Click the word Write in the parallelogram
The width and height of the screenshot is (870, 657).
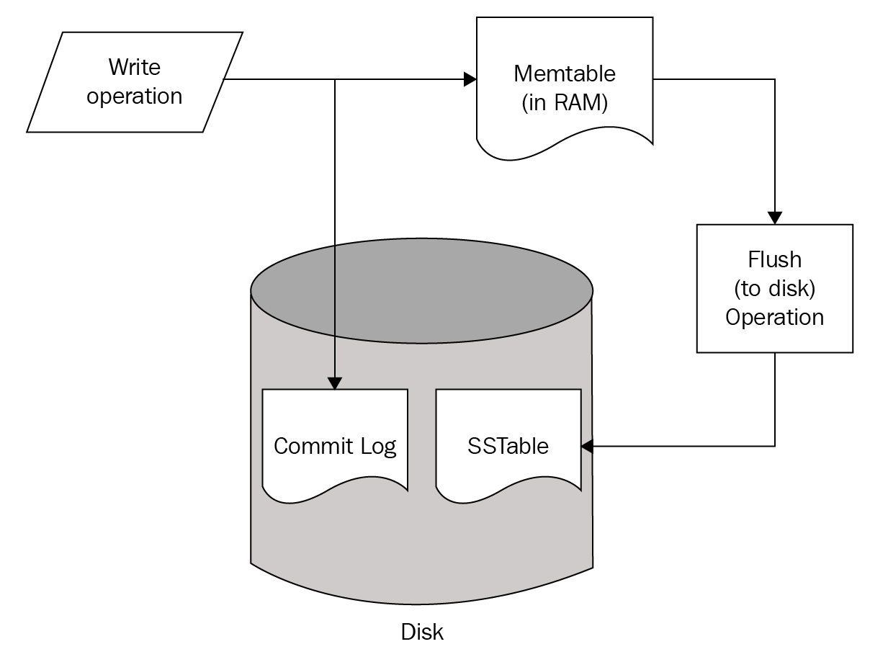pyautogui.click(x=135, y=67)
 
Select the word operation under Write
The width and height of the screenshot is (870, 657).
pyautogui.click(x=135, y=96)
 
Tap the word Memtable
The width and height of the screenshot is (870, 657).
pyautogui.click(x=565, y=73)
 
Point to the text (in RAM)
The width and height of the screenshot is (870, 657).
pyautogui.click(x=565, y=103)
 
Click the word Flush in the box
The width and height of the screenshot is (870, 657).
pyautogui.click(x=774, y=259)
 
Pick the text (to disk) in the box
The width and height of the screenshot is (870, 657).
pyautogui.click(x=774, y=288)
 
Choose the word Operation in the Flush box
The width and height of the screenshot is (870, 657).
pyautogui.click(x=774, y=317)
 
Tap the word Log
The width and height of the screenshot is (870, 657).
pyautogui.click(x=379, y=447)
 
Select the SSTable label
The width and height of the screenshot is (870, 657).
pyautogui.click(x=508, y=446)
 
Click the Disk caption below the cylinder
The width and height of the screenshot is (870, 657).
pyautogui.click(x=422, y=633)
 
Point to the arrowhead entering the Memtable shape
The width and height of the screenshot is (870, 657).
pyautogui.click(x=470, y=79)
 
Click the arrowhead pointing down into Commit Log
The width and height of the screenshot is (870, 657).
pyautogui.click(x=335, y=383)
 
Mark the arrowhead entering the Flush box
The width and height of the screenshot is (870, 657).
pyautogui.click(x=775, y=218)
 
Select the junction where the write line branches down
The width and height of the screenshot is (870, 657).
pyautogui.click(x=335, y=79)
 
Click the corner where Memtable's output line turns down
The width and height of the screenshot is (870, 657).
pyautogui.click(x=775, y=79)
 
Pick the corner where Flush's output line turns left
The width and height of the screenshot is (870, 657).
pyautogui.click(x=775, y=446)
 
